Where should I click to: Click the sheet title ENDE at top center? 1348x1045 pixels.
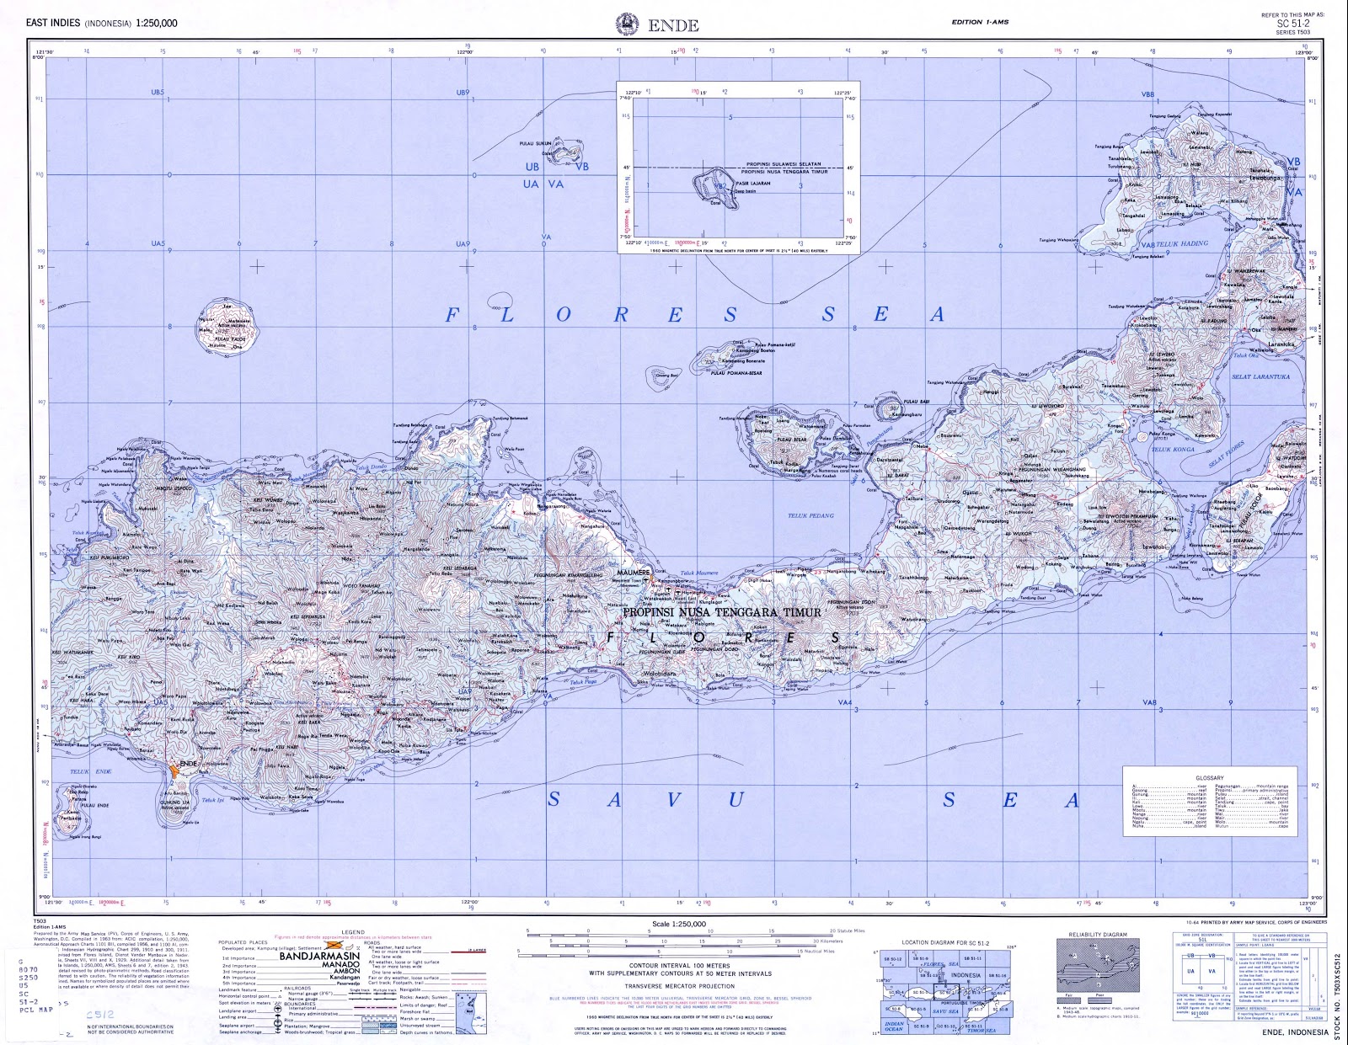[673, 25]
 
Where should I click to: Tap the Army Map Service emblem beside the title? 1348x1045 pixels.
[627, 23]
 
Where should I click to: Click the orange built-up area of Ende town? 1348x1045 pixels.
[174, 768]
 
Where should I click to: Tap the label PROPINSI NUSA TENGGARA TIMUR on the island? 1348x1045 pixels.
[721, 612]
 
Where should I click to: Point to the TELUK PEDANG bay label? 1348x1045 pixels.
[810, 515]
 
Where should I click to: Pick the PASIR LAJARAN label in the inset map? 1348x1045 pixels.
[753, 183]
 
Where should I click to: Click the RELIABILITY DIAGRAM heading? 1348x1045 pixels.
[1097, 935]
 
